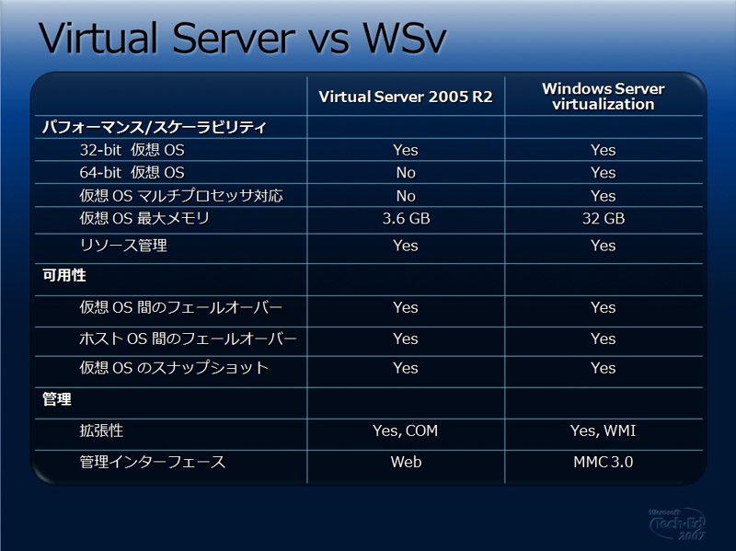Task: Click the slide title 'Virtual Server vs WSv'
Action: pos(242,38)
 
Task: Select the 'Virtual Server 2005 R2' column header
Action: pos(406,97)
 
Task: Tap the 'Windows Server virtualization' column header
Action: pos(604,97)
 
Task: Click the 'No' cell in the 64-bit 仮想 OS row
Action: pos(406,173)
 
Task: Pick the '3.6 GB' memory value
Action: pos(406,218)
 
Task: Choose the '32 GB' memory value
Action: pos(604,218)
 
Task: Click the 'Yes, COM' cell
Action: pos(405,430)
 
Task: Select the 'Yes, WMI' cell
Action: pos(604,430)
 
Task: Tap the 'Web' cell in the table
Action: pos(406,462)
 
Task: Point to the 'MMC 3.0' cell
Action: pos(604,462)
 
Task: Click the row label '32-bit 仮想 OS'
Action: pos(132,150)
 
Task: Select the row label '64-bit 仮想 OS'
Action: pos(132,172)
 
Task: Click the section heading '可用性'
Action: pos(64,275)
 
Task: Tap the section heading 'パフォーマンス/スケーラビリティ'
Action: pos(155,127)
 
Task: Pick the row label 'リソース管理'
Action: pos(123,245)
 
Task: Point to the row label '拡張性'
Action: pos(101,430)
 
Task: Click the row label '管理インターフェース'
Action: pos(153,462)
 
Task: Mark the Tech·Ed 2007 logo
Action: pos(677,523)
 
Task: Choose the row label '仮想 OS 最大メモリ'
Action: pos(144,218)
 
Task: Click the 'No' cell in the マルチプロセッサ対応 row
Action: pos(406,196)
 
